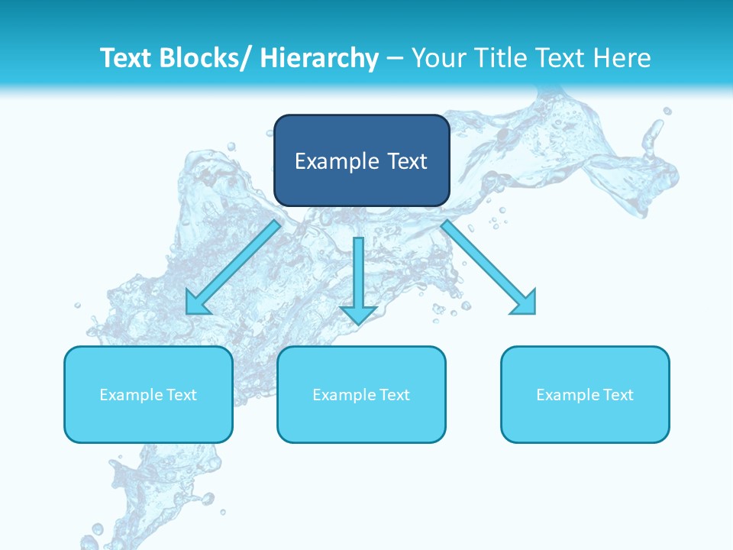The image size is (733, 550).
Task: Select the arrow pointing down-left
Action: [x=233, y=267]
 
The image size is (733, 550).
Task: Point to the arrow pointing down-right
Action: [x=489, y=267]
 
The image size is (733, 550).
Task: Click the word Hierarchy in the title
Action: [x=319, y=58]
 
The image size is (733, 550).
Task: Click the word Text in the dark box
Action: [x=405, y=161]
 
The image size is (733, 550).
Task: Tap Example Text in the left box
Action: [x=148, y=395]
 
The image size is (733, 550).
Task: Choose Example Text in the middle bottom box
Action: [x=361, y=395]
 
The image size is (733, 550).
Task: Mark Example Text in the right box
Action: [x=585, y=395]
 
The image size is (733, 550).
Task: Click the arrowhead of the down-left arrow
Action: [x=197, y=303]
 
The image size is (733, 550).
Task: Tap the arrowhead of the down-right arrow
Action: [x=525, y=303]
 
